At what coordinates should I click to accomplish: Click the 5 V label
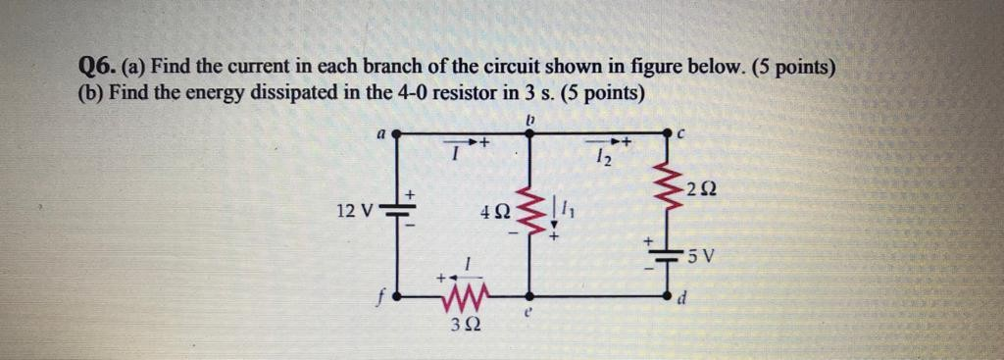coord(704,259)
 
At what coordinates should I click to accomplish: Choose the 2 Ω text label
coord(703,187)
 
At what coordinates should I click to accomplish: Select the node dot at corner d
coord(674,294)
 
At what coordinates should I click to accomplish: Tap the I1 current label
coord(568,209)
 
